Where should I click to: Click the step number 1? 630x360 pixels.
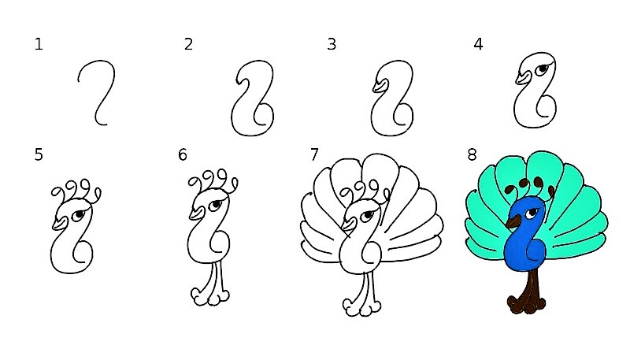point(39,44)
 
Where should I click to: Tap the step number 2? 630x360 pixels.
point(188,44)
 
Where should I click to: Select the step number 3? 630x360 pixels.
point(332,44)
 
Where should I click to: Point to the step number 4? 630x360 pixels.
point(478,44)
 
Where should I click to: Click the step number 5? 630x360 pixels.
point(39,154)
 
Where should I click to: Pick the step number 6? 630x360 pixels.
point(183,154)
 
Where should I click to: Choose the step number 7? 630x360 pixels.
point(314,154)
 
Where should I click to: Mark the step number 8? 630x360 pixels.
point(472,154)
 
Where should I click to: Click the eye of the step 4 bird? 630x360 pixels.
point(543,69)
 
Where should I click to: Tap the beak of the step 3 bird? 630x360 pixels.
point(380,86)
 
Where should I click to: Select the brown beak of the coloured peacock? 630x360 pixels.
point(513,221)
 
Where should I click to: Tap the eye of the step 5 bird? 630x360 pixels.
point(79,214)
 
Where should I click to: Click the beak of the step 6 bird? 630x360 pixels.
point(197,213)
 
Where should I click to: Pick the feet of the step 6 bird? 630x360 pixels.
point(210,296)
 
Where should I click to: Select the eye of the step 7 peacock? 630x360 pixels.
point(367,216)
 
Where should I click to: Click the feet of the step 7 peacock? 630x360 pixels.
point(361,306)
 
